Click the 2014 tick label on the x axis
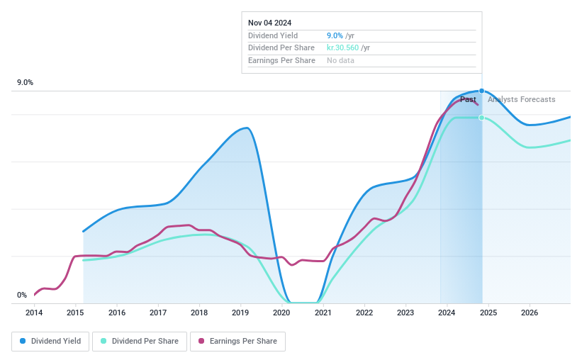(x=34, y=313)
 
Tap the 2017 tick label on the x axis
(x=158, y=313)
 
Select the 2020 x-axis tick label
(x=281, y=313)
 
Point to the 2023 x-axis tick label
(x=405, y=313)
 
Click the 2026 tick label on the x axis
(x=529, y=313)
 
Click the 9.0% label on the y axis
(x=26, y=83)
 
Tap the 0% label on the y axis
(x=22, y=296)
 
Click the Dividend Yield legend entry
(x=50, y=341)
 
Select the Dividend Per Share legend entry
(x=142, y=341)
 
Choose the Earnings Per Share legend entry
(x=237, y=341)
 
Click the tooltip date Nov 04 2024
(x=269, y=23)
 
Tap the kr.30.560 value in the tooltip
(x=342, y=48)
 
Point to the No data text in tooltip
(x=340, y=61)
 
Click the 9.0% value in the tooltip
(x=335, y=35)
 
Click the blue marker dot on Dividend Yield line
(x=482, y=91)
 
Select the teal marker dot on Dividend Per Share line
(x=482, y=118)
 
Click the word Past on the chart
(x=468, y=100)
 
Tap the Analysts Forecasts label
(x=522, y=100)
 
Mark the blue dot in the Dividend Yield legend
(x=23, y=341)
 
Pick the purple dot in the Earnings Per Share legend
(x=201, y=341)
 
